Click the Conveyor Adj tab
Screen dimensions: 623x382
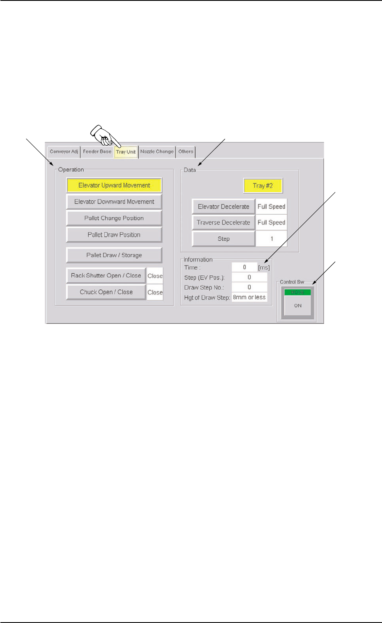tap(64, 151)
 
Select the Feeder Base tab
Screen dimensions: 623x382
tap(97, 151)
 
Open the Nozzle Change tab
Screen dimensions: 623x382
tap(157, 151)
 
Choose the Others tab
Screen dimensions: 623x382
tap(185, 151)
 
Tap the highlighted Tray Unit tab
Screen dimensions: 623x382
tap(126, 152)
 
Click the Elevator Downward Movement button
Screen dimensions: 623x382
tap(114, 202)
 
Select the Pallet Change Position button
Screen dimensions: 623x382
tap(114, 218)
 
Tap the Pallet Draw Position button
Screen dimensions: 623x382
tap(114, 235)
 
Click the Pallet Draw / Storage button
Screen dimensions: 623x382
tap(114, 255)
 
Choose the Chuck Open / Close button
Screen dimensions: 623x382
tap(106, 292)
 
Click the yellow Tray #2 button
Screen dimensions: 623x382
tap(263, 186)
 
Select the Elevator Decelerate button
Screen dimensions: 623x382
tap(223, 206)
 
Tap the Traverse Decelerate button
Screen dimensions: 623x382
tap(223, 222)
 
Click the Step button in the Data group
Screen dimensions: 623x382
tap(223, 239)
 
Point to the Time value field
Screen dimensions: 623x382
tap(244, 267)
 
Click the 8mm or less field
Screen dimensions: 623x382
tap(249, 298)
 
